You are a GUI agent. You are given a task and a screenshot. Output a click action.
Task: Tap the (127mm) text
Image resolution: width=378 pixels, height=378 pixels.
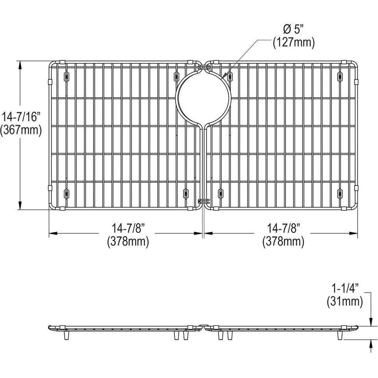point(294,43)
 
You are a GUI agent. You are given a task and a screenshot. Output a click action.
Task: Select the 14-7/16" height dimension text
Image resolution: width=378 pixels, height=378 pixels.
point(21,117)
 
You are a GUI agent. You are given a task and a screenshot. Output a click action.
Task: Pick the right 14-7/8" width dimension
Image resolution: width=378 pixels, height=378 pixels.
point(283,228)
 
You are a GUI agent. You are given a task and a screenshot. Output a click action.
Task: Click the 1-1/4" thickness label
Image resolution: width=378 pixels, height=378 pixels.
point(345,288)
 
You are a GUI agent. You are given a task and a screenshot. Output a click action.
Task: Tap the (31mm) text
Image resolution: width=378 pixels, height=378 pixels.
point(345,302)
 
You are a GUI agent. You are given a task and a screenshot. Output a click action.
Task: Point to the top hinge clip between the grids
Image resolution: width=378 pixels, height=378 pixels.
point(203,68)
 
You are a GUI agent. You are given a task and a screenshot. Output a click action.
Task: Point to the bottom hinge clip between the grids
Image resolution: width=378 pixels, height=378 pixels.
point(203,201)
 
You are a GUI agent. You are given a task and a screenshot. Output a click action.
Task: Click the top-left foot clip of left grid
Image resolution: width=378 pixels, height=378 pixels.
point(66,76)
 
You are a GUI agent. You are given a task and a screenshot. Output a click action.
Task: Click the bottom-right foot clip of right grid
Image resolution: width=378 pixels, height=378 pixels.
point(340,193)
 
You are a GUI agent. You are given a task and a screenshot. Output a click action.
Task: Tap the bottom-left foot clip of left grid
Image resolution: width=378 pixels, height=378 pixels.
point(66,193)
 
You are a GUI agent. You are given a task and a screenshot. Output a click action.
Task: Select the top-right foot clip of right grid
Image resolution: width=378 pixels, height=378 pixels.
point(340,76)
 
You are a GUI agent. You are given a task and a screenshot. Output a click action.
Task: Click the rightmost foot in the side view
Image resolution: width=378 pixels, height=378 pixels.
point(339,335)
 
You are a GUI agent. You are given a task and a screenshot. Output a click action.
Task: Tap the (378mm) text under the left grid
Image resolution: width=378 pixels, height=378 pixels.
point(128,241)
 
